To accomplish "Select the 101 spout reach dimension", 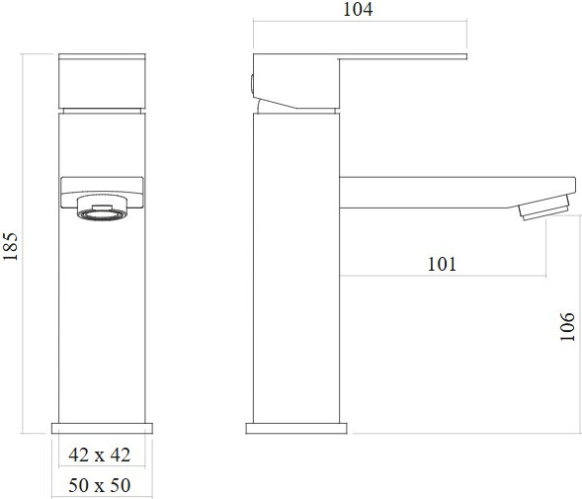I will coord(442,264).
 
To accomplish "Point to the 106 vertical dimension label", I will coord(566,327).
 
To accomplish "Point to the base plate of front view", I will coord(102,428).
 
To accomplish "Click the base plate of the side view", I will coord(295,428).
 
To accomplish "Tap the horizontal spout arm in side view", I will coord(445,191).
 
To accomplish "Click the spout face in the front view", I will coord(102,187).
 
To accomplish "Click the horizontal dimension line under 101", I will coord(442,277).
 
